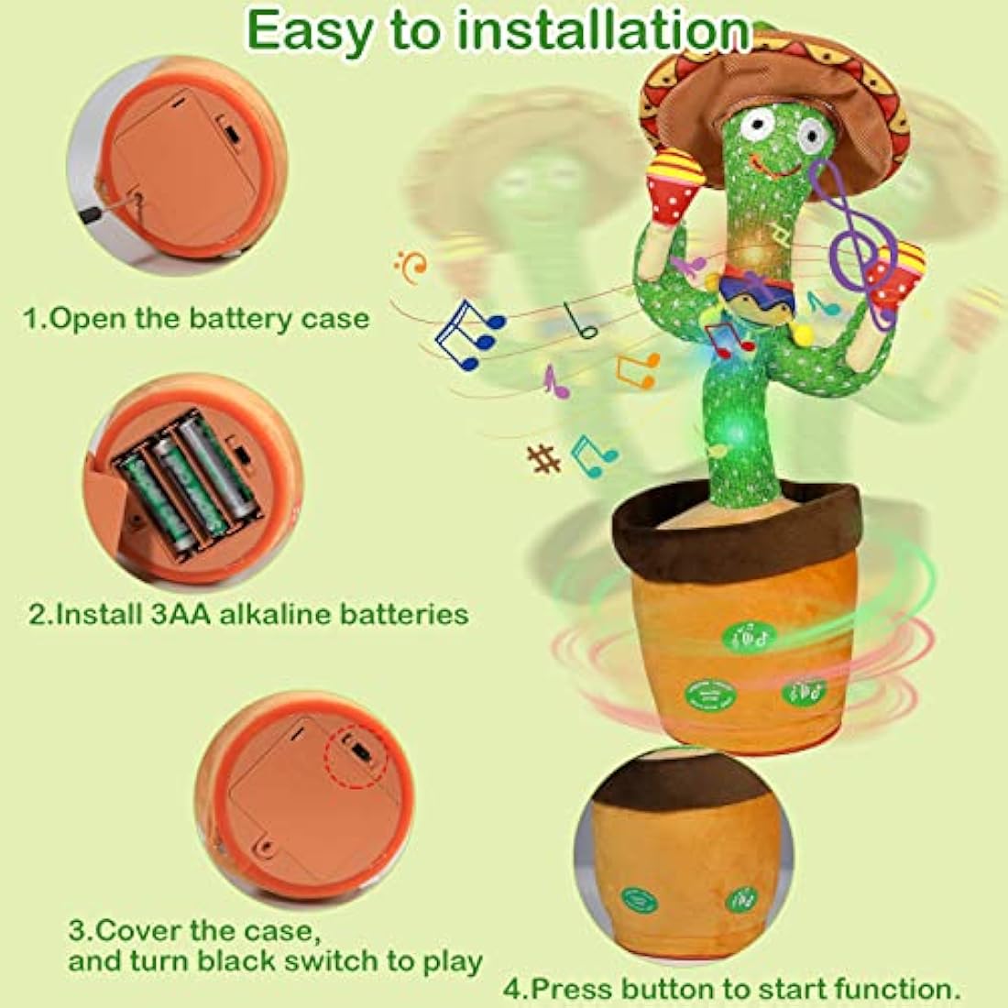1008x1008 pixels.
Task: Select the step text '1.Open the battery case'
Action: click(196, 319)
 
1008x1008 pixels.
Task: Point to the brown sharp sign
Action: click(544, 457)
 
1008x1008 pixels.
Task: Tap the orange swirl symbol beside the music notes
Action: click(413, 267)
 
